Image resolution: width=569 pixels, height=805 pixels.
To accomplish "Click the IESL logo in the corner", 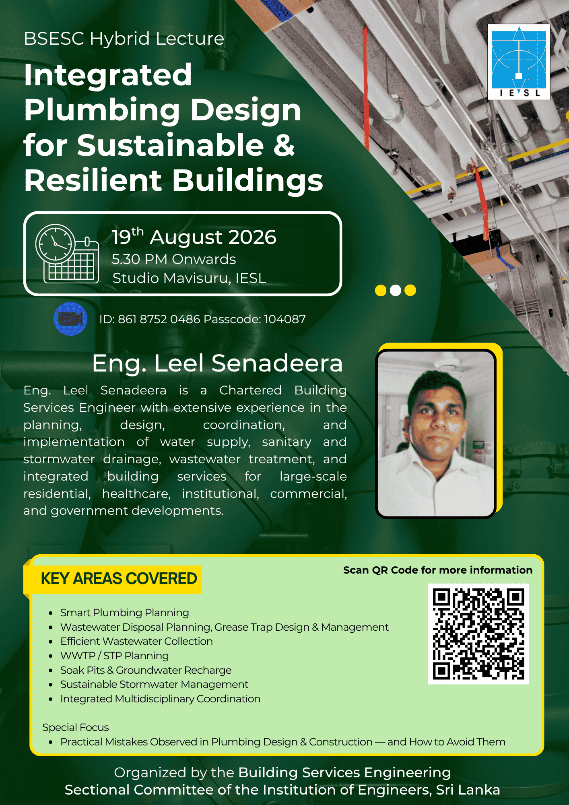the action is click(x=519, y=62).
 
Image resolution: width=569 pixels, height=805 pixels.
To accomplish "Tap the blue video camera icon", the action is click(x=70, y=319).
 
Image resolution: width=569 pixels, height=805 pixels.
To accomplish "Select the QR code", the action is click(x=478, y=634).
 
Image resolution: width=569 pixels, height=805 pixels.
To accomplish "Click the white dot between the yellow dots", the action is click(x=396, y=290).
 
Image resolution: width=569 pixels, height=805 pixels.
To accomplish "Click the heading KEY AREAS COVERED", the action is click(x=119, y=578).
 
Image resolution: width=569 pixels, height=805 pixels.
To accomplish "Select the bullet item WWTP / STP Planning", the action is click(x=114, y=656).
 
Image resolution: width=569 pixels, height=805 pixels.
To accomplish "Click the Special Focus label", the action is click(x=76, y=727).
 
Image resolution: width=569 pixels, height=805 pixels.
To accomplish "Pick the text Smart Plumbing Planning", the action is click(x=125, y=613).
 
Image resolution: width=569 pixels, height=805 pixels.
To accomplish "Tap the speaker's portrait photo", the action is click(x=436, y=434).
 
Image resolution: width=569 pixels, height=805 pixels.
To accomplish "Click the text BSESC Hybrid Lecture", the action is click(x=124, y=39).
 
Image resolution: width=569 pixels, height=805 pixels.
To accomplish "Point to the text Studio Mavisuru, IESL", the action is click(x=189, y=278).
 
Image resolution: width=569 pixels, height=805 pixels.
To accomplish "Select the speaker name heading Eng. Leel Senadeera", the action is click(x=217, y=363).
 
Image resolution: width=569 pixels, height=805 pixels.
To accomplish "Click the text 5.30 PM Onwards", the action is click(x=174, y=259).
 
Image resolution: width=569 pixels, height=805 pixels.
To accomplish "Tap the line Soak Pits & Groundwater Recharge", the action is click(x=146, y=670).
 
